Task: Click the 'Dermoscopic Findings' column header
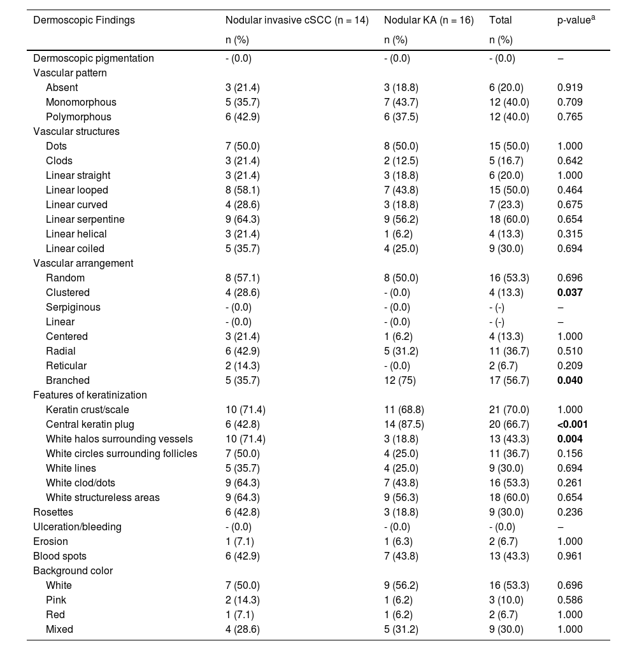point(84,20)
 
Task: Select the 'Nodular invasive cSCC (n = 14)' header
point(297,20)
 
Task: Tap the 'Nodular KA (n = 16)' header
point(429,20)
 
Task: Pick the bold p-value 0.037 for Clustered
point(569,293)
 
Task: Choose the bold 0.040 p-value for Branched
point(569,381)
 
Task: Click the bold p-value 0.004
point(569,439)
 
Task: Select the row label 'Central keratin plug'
point(90,424)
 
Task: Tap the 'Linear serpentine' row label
point(85,220)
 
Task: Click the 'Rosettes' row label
point(53,512)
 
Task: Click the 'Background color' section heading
point(73,570)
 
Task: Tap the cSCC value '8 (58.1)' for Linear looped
point(243,190)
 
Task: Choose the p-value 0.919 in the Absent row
point(569,88)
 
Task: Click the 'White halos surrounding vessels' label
point(119,439)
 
